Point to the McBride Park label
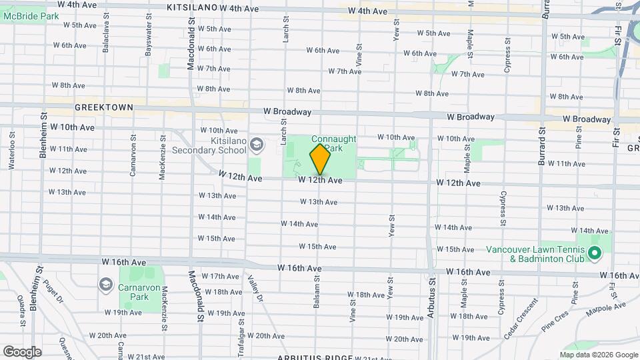(x=25, y=16)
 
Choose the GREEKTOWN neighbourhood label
(x=104, y=107)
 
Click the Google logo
(x=22, y=351)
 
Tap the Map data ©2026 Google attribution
(x=599, y=355)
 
